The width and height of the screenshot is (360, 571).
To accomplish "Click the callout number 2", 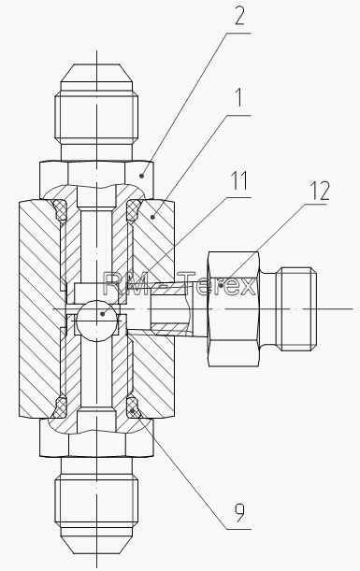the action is tap(239, 16).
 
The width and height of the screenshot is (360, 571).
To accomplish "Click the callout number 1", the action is tap(239, 97).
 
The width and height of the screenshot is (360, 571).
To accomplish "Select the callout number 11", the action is tap(239, 180).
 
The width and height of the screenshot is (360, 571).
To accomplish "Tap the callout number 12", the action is tap(320, 191).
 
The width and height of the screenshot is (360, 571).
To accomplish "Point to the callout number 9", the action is tap(239, 512).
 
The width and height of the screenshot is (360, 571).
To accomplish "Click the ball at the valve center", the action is tap(96, 321).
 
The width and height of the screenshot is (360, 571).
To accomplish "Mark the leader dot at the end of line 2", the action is tap(142, 176).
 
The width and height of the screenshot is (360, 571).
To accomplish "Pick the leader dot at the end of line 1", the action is tap(152, 218).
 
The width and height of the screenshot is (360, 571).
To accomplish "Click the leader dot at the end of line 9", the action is tap(134, 411).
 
